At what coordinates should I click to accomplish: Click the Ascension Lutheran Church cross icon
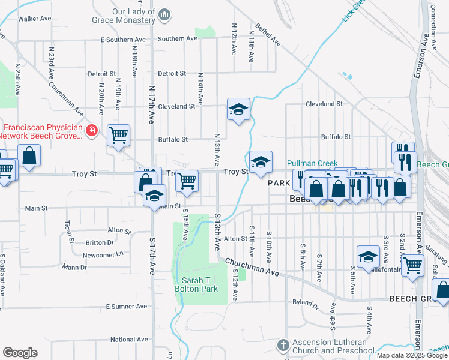[283, 345]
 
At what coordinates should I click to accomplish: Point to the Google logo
[20, 353]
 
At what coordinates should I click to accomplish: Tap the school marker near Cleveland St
[238, 110]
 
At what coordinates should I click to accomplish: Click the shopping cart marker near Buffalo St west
[119, 134]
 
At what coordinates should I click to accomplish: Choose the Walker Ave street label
[34, 19]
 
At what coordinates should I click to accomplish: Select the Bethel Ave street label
[268, 35]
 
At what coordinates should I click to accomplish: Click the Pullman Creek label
[312, 163]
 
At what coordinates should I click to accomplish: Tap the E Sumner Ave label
[126, 307]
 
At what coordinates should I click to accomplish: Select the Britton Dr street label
[100, 242]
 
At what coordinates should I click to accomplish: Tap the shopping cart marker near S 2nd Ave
[412, 265]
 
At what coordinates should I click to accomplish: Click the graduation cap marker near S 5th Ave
[368, 256]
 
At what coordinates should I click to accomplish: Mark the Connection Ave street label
[433, 27]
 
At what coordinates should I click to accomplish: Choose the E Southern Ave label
[123, 40]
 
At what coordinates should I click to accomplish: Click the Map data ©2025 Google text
[412, 355]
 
